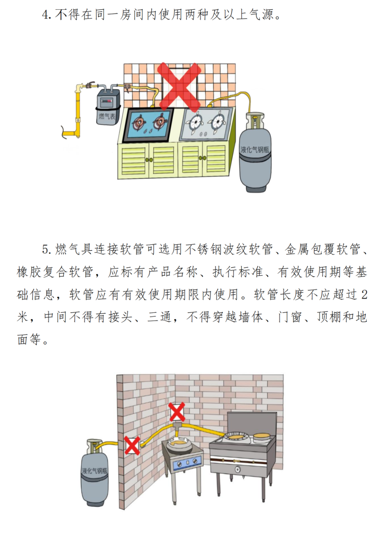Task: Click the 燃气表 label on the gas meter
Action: pyautogui.click(x=107, y=116)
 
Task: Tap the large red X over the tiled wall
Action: pyautogui.click(x=179, y=87)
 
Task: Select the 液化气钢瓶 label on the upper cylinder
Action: pyautogui.click(x=255, y=149)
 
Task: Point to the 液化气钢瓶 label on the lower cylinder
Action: pyautogui.click(x=94, y=471)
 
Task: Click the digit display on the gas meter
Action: pyautogui.click(x=106, y=101)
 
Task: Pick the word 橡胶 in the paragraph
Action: pyautogui.click(x=29, y=272)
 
